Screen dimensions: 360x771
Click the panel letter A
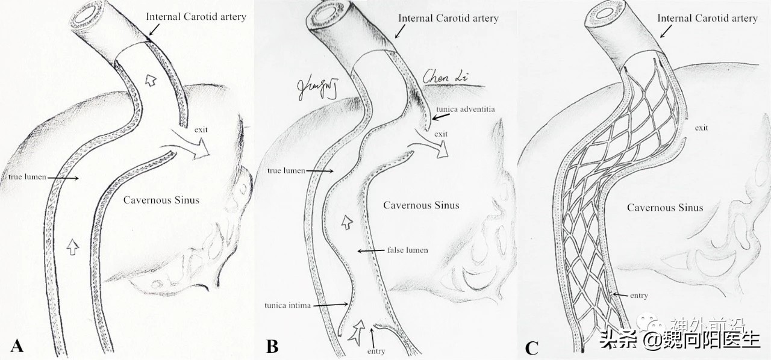click(x=17, y=346)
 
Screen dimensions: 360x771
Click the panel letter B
click(x=272, y=346)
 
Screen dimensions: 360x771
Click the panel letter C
click(x=531, y=347)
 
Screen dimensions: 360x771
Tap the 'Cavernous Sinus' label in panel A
click(x=161, y=200)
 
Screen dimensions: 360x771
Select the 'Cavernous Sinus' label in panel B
click(x=421, y=205)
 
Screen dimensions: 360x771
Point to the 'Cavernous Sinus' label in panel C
click(x=665, y=208)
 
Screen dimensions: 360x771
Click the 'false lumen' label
click(x=408, y=250)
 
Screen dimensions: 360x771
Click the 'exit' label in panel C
click(x=701, y=128)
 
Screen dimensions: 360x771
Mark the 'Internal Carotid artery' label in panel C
click(x=707, y=19)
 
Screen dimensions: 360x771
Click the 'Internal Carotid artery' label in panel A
click(x=196, y=17)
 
